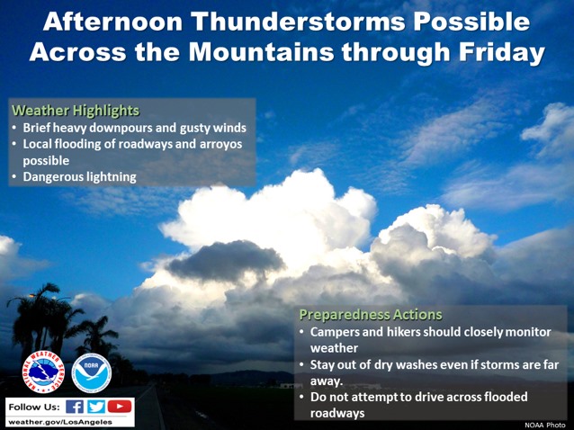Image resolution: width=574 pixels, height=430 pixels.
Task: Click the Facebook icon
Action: pos(75,407)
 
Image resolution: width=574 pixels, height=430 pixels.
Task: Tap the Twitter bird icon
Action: pos(96,407)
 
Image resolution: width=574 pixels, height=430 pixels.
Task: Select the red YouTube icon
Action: pos(120,407)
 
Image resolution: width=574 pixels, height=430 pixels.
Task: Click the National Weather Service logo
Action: pos(43,372)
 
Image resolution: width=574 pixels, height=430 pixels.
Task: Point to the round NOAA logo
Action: pos(92,373)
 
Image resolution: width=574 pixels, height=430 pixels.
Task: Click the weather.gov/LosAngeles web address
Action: pos(60,422)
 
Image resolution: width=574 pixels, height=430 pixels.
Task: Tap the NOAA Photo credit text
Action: pos(544,425)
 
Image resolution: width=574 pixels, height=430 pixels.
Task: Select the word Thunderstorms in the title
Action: pos(299,22)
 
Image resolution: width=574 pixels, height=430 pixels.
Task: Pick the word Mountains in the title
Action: pos(261,51)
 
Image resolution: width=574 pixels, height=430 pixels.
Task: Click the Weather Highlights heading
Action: pos(76,111)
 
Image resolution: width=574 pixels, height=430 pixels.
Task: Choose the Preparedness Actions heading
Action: pos(371,315)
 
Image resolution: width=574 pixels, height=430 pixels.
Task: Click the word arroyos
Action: pos(220,144)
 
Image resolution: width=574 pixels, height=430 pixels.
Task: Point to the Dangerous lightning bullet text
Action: pos(79,177)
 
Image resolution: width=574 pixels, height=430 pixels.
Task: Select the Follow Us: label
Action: pos(34,407)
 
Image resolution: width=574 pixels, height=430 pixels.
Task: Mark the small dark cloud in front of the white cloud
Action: pos(225,260)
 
